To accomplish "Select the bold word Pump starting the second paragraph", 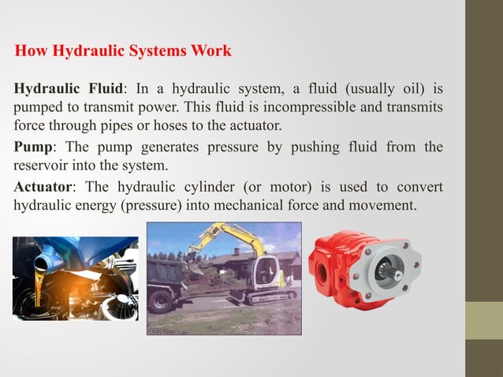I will [x=33, y=147].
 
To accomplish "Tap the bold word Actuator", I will [x=44, y=188].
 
